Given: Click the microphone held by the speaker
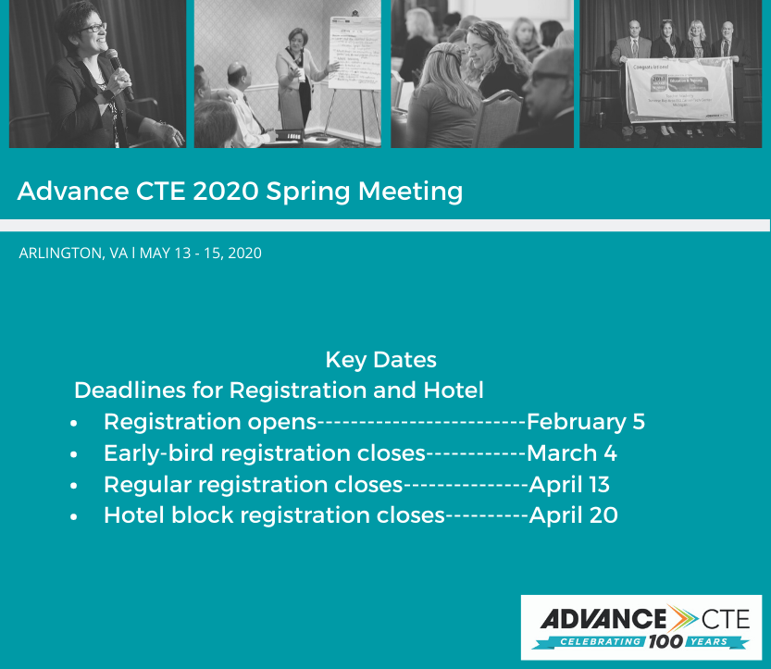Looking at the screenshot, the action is pyautogui.click(x=119, y=73).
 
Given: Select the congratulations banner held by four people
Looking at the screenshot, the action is pyautogui.click(x=679, y=89).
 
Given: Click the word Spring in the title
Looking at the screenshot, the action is pyautogui.click(x=308, y=192).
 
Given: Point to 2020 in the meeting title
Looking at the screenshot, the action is pyautogui.click(x=226, y=191).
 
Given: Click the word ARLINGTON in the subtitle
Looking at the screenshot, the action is pyautogui.click(x=61, y=254).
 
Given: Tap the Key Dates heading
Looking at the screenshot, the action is pyautogui.click(x=380, y=360).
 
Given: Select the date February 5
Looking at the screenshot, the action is pyautogui.click(x=586, y=422).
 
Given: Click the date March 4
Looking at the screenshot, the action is pyautogui.click(x=572, y=453).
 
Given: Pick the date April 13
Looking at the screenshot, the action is pyautogui.click(x=569, y=485).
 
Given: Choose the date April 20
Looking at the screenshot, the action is pyautogui.click(x=573, y=515).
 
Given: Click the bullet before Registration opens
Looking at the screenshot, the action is pyautogui.click(x=74, y=423).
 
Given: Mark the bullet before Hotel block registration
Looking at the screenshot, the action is pyautogui.click(x=74, y=517).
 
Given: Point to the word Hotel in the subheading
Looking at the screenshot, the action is pyautogui.click(x=454, y=390).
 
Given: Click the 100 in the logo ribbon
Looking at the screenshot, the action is pyautogui.click(x=665, y=641).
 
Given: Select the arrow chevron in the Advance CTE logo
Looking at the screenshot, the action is pyautogui.click(x=682, y=618).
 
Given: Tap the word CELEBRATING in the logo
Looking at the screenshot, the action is pyautogui.click(x=600, y=641).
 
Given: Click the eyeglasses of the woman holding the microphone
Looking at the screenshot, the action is pyautogui.click(x=93, y=28).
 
